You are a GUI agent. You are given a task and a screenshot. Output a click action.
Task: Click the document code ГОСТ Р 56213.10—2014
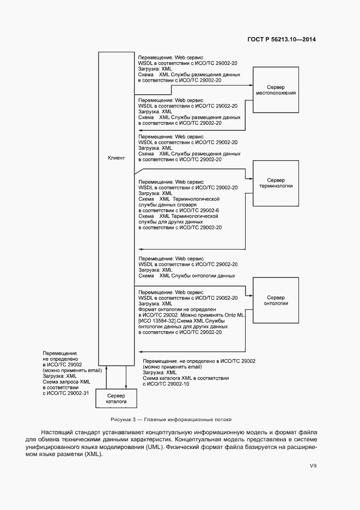point(282,40)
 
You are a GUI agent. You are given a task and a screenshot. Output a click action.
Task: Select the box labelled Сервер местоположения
point(276,90)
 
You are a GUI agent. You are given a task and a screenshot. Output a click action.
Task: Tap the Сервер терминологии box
point(276,183)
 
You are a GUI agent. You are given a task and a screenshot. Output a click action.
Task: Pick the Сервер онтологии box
point(276,301)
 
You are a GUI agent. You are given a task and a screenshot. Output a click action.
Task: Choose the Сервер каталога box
point(115,398)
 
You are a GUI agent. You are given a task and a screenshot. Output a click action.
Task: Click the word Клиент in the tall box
point(117,158)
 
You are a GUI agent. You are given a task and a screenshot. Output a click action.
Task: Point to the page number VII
point(313,466)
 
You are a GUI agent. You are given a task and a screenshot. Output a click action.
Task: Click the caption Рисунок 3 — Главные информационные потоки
point(170,420)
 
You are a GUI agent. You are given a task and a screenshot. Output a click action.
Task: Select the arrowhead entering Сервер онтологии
point(251,295)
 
